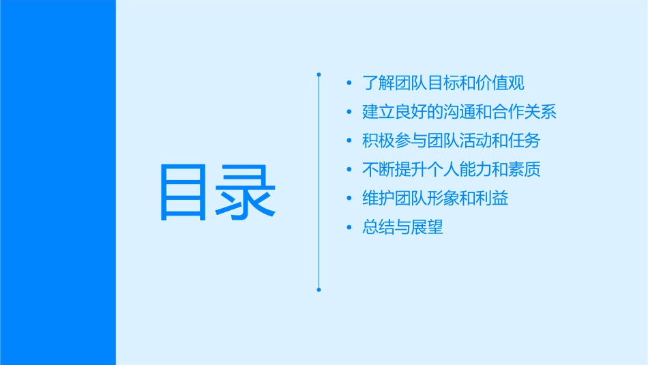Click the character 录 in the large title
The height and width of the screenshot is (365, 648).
[246, 192]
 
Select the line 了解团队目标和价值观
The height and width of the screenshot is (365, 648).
[443, 83]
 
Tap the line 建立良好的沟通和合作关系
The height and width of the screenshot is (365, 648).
[460, 112]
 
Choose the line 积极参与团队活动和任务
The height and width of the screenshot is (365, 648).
[452, 141]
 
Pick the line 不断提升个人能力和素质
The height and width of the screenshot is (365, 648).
[452, 169]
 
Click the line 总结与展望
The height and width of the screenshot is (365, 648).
[402, 227]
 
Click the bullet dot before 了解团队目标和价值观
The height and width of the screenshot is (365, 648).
[349, 84]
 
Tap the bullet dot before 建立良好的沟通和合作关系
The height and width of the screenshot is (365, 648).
[349, 113]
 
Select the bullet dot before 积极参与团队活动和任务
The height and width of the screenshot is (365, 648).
[349, 141]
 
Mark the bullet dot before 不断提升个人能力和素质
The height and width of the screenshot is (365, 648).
[349, 170]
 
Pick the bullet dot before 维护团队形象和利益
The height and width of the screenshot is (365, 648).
[349, 199]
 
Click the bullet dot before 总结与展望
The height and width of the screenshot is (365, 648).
[349, 228]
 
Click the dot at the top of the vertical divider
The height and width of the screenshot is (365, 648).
[319, 73]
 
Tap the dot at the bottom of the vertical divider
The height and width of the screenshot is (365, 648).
[319, 289]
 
